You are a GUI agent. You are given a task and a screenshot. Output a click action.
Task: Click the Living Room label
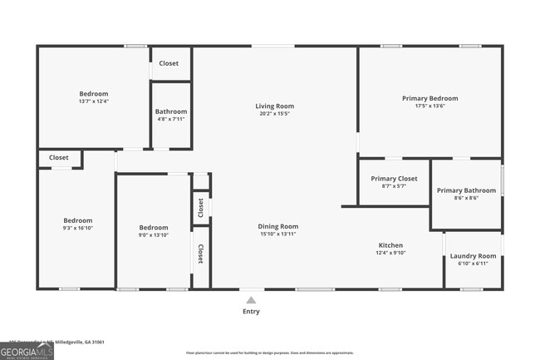274,106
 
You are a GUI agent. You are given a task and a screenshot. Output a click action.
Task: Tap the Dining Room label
277,226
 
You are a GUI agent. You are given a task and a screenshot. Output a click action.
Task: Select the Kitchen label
390,245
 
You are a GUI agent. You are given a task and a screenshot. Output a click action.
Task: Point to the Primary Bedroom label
430,98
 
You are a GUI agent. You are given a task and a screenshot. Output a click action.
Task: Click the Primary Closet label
394,179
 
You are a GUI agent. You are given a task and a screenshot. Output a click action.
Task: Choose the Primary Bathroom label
466,189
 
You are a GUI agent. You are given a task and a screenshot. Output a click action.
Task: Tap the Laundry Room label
473,256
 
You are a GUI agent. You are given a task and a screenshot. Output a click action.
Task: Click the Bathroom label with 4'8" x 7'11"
171,111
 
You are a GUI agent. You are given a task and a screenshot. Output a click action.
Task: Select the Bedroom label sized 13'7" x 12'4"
93,94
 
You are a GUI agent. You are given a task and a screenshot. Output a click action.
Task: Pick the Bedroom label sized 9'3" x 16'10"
76,221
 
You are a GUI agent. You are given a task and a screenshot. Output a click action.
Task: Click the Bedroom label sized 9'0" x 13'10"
153,228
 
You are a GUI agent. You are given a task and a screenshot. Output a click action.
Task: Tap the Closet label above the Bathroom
169,63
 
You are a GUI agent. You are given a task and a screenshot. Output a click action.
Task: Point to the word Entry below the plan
250,312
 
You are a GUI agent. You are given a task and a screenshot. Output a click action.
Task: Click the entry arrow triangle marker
250,298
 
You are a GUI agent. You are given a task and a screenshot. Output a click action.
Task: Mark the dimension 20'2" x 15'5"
274,114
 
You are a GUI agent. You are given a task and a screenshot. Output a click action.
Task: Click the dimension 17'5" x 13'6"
430,106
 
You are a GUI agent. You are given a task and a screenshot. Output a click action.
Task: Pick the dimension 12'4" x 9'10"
390,254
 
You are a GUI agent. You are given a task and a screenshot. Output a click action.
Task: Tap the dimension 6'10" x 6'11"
473,264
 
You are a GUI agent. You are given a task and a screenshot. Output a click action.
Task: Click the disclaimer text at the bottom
270,353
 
